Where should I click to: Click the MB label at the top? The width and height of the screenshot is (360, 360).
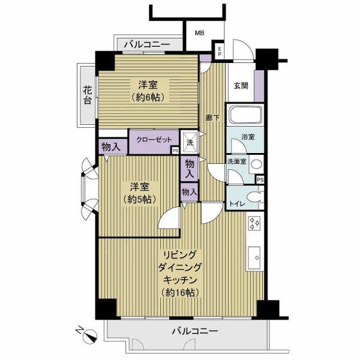200,33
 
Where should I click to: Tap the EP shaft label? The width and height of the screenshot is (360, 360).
220,52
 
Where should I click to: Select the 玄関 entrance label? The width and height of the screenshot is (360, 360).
241,86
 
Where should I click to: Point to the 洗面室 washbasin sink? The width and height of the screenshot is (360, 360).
256,164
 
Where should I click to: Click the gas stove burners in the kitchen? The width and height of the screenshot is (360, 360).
255,223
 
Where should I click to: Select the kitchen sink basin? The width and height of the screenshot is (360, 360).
254,257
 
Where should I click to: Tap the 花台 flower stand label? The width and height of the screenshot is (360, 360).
88,95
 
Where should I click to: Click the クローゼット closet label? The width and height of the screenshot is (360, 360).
154,140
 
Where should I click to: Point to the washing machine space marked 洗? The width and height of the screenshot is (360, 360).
190,142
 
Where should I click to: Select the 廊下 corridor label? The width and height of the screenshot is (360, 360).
212,118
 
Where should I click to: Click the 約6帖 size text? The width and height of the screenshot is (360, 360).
148,98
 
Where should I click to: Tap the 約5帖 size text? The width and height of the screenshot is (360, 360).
140,200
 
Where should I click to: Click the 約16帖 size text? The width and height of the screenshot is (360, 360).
179,292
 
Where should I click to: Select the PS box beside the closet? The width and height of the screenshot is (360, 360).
176,151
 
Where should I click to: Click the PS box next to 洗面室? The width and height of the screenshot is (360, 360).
260,180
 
